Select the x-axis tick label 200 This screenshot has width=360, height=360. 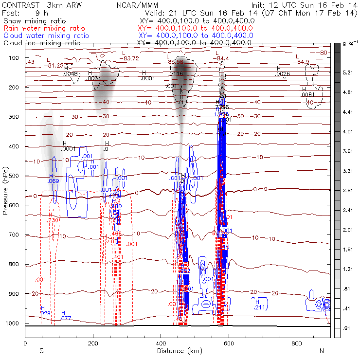coord(93,343)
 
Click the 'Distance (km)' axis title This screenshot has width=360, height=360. coord(177,351)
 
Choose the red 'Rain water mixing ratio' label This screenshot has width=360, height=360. coord(46,29)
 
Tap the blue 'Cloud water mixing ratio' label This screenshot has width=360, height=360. coord(46,36)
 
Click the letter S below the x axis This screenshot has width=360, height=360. coord(42,351)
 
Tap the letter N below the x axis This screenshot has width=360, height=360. coord(322,351)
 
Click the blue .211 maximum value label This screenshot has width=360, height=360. coord(259,307)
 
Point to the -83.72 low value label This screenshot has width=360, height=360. coord(131,58)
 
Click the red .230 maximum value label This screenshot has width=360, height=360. coord(53,220)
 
